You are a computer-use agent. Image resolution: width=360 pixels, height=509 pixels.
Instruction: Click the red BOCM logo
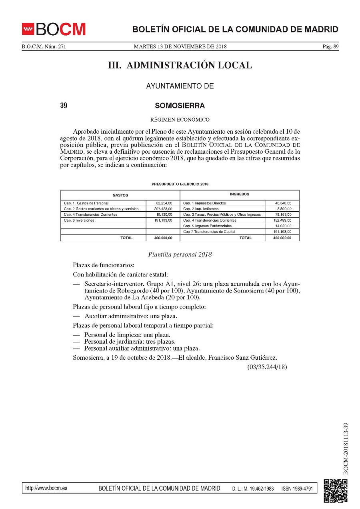(x=54, y=29)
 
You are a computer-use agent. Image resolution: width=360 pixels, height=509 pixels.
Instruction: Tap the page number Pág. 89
(x=330, y=46)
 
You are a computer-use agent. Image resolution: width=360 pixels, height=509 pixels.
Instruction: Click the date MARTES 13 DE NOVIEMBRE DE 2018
(x=180, y=46)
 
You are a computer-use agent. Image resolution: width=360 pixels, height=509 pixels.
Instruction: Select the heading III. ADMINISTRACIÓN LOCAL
(x=180, y=65)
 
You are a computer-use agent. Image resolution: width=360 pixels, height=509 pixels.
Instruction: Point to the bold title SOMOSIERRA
(x=180, y=106)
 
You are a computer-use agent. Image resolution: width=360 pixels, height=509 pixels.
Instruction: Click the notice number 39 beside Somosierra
(x=64, y=106)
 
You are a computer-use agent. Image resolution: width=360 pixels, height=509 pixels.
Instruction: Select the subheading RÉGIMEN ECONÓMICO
(x=180, y=119)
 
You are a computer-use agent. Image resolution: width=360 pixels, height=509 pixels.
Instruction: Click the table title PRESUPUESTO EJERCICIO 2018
(x=180, y=184)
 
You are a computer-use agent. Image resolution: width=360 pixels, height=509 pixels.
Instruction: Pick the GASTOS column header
(x=120, y=195)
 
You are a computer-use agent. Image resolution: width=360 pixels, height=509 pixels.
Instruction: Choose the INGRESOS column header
(x=239, y=194)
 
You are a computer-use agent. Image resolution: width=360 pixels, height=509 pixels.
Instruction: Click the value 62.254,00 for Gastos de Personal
(x=164, y=203)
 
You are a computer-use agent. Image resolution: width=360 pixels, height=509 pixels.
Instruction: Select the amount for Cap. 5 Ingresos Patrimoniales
(x=283, y=226)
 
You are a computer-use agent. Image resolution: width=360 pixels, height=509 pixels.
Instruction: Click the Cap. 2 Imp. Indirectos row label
(x=201, y=209)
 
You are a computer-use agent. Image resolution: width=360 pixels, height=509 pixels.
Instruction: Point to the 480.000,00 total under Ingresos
(x=282, y=238)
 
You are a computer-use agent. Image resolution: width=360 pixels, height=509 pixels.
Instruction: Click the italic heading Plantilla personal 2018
(x=180, y=254)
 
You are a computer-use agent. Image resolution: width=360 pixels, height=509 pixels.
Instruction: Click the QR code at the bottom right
(x=335, y=490)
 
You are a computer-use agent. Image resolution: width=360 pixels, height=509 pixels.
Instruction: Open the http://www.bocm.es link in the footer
(x=46, y=488)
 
